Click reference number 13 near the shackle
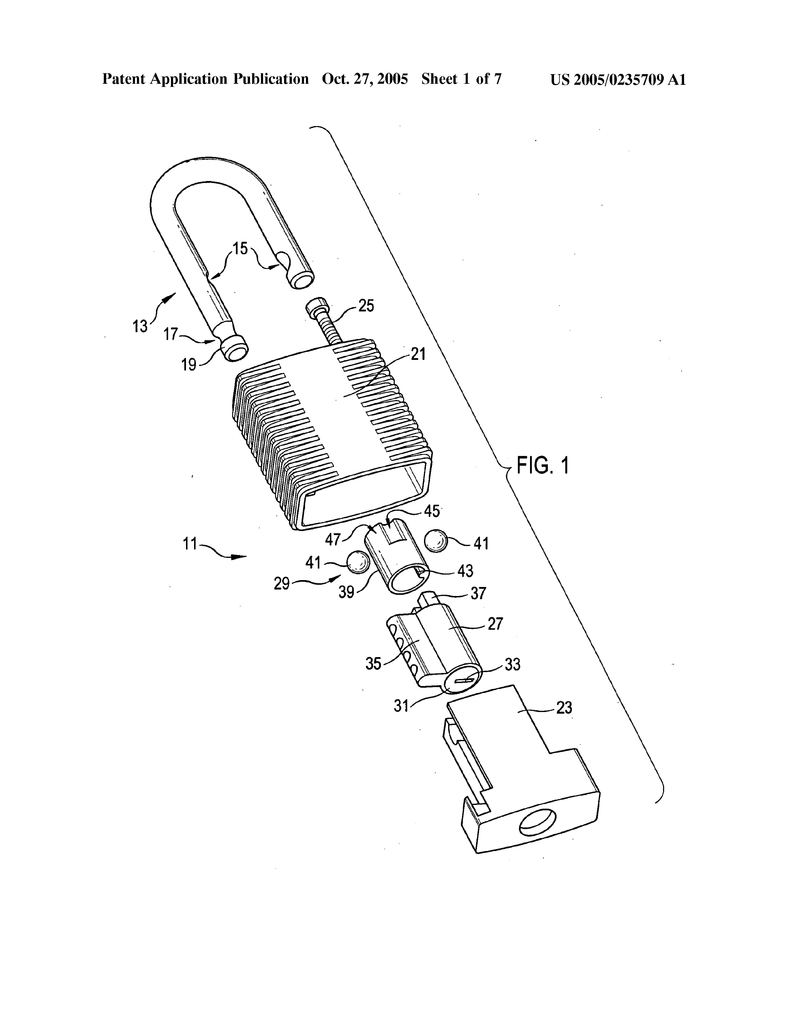pyautogui.click(x=140, y=326)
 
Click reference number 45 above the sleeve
pyautogui.click(x=432, y=511)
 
